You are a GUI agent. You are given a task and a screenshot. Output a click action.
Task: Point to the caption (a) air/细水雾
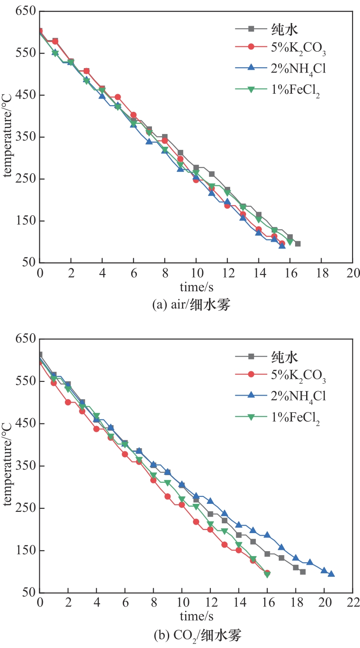(x=191, y=305)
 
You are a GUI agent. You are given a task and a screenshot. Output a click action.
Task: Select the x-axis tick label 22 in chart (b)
(x=352, y=603)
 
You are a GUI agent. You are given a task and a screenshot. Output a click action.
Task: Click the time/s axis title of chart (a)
(x=196, y=287)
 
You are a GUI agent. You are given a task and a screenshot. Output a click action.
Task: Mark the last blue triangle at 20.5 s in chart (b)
(x=331, y=574)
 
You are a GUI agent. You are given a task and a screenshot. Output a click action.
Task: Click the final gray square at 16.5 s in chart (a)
(x=298, y=244)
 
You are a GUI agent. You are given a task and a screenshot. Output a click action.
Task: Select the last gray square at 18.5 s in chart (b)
(x=303, y=572)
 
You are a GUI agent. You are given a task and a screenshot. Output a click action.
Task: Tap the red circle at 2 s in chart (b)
(x=68, y=402)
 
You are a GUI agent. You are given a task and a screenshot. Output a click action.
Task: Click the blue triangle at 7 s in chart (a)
(x=149, y=141)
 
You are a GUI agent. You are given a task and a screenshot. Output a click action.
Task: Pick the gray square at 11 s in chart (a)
(x=212, y=174)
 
